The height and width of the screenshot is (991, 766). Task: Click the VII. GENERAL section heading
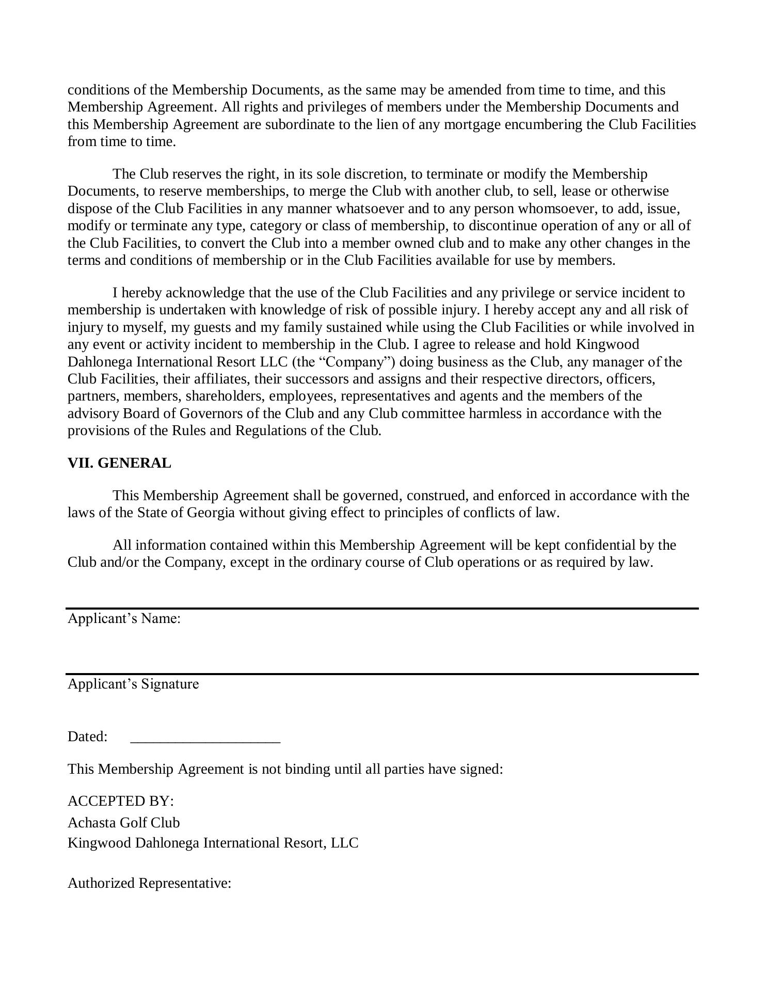(119, 463)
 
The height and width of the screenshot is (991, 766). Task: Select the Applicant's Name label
(124, 618)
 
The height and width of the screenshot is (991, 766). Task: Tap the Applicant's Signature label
(133, 684)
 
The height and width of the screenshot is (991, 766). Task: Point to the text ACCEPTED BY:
(121, 801)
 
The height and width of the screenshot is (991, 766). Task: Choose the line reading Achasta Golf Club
(124, 822)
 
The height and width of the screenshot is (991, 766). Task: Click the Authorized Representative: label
(149, 883)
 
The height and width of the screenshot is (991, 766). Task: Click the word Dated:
(87, 737)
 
